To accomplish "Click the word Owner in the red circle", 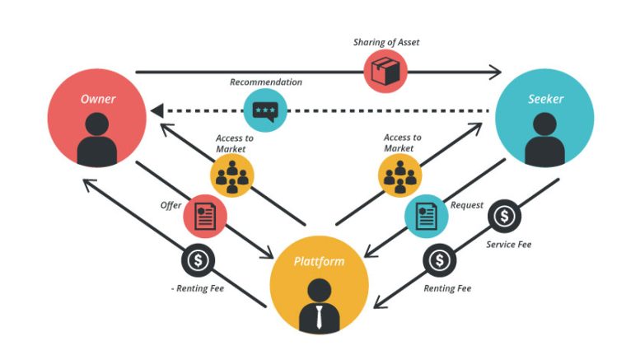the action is pyautogui.click(x=98, y=99).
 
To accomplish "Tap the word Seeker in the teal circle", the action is pyautogui.click(x=546, y=99).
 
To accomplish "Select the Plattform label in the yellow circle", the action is pyautogui.click(x=320, y=261).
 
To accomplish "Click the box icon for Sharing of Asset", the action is pyautogui.click(x=385, y=71).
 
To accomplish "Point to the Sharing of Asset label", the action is pyautogui.click(x=386, y=42).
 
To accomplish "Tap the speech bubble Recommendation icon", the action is pyautogui.click(x=265, y=110).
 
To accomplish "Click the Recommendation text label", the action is pyautogui.click(x=266, y=82).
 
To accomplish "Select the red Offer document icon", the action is pyautogui.click(x=205, y=217).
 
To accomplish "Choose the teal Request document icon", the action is pyautogui.click(x=426, y=217).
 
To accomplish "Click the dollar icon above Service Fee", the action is pyautogui.click(x=504, y=216).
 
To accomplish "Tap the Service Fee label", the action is pyautogui.click(x=508, y=245).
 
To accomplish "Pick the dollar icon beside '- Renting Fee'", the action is pyautogui.click(x=198, y=260).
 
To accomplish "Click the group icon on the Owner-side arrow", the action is pyautogui.click(x=231, y=175).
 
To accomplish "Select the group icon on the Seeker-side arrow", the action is pyautogui.click(x=400, y=175).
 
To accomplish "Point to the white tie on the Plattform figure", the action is pyautogui.click(x=320, y=317).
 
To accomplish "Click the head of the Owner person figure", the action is pyautogui.click(x=97, y=124).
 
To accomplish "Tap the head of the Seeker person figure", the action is pyautogui.click(x=545, y=124).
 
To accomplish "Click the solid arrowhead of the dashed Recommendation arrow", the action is pyautogui.click(x=156, y=110).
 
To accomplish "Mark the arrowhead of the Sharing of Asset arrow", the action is pyautogui.click(x=496, y=72).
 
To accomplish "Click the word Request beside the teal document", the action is pyautogui.click(x=466, y=205).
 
